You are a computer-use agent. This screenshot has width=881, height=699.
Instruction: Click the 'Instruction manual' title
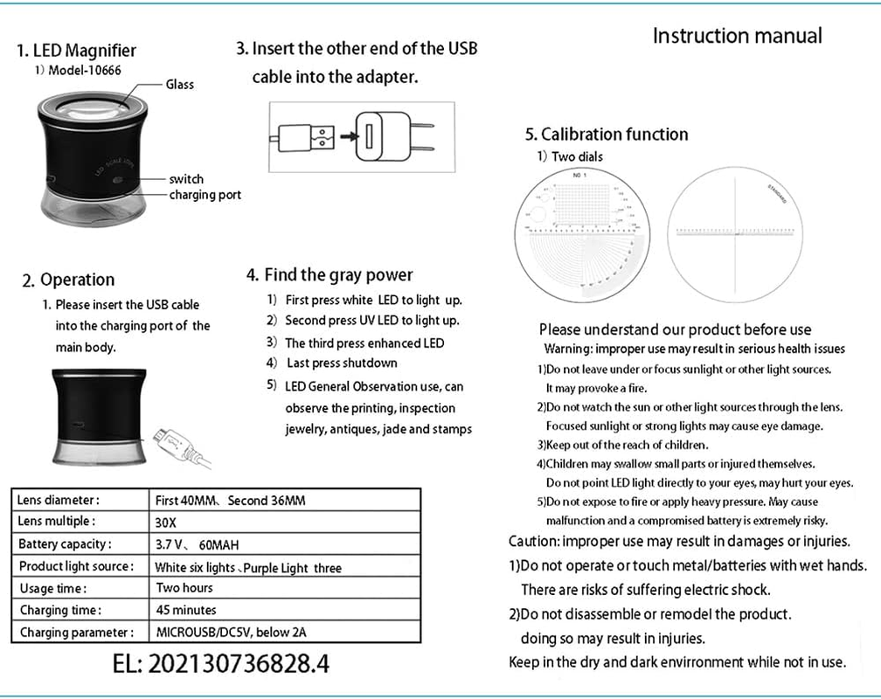pyautogui.click(x=737, y=36)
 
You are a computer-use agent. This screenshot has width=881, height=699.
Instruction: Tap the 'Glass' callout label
pyautogui.click(x=179, y=85)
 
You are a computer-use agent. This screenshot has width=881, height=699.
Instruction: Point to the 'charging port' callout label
pyautogui.click(x=205, y=194)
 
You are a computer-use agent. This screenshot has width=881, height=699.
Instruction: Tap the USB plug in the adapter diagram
pyautogui.click(x=308, y=136)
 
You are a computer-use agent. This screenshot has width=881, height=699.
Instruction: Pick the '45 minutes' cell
pyautogui.click(x=186, y=610)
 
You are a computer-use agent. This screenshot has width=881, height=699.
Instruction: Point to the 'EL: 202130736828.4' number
pyautogui.click(x=221, y=663)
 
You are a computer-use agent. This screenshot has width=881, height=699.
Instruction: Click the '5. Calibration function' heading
pyautogui.click(x=606, y=135)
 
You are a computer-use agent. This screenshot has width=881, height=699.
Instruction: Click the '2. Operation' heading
pyautogui.click(x=68, y=280)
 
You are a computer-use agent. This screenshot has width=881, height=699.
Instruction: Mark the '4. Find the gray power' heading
pyautogui.click(x=330, y=274)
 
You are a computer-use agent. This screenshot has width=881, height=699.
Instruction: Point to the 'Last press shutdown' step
pyautogui.click(x=342, y=363)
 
